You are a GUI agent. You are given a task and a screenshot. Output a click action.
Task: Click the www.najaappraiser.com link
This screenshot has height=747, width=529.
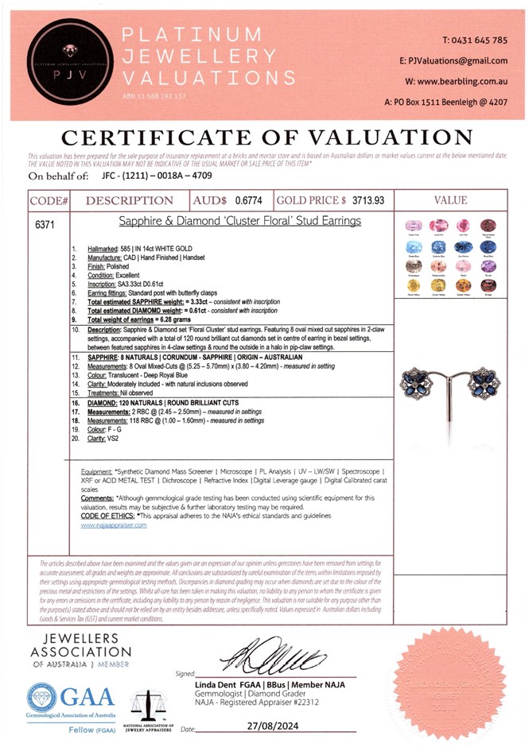[x=114, y=525]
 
